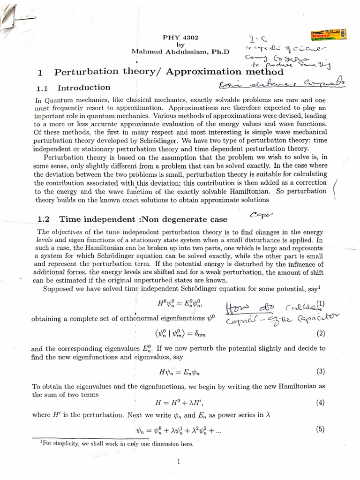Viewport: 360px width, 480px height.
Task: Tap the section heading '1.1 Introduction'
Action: (74, 88)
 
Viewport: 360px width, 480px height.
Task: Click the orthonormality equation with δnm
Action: (180, 334)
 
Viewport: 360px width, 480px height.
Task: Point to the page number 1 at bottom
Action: (179, 462)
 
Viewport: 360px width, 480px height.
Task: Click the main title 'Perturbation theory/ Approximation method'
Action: (169, 72)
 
